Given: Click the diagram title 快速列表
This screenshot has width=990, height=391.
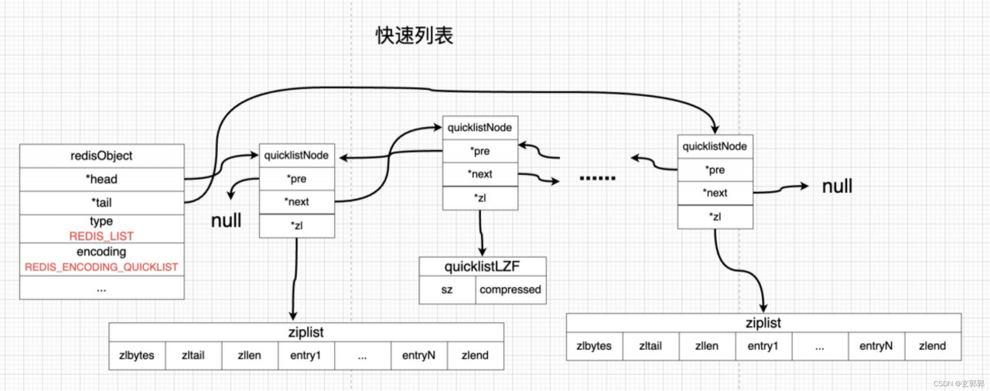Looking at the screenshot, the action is (x=415, y=36).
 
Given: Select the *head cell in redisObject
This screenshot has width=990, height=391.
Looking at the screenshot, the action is (x=101, y=179).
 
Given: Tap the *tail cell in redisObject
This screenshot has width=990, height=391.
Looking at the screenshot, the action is (x=101, y=203).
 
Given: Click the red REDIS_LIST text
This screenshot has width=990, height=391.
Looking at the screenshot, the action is (x=101, y=236).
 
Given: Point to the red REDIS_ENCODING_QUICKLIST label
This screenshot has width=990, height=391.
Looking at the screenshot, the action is (x=101, y=267).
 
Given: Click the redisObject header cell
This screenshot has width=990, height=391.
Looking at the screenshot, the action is (x=101, y=156).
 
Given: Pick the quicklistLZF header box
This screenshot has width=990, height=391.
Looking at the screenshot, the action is (x=483, y=266).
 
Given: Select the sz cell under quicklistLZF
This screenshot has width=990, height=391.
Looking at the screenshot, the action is (x=447, y=290).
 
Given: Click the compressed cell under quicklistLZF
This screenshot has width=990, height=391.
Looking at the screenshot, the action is (x=511, y=290).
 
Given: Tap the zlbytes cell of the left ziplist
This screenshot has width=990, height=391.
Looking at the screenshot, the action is (x=137, y=355).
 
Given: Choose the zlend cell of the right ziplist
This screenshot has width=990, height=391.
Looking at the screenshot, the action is (x=933, y=346).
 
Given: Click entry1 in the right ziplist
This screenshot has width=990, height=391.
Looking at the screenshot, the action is (x=763, y=346).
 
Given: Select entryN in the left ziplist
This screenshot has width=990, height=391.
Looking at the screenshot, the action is (x=419, y=355).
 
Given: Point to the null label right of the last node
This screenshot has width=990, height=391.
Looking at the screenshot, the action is (x=837, y=187).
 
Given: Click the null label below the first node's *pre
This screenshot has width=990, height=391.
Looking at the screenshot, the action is (x=226, y=220).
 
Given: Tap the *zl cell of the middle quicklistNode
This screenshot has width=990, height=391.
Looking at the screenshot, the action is (x=480, y=197).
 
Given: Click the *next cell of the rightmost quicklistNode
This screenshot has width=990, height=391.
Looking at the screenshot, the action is (x=715, y=193).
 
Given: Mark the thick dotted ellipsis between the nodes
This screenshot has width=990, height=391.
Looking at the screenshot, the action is (x=598, y=178).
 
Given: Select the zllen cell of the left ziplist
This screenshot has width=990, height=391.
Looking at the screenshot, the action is (x=250, y=355).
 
